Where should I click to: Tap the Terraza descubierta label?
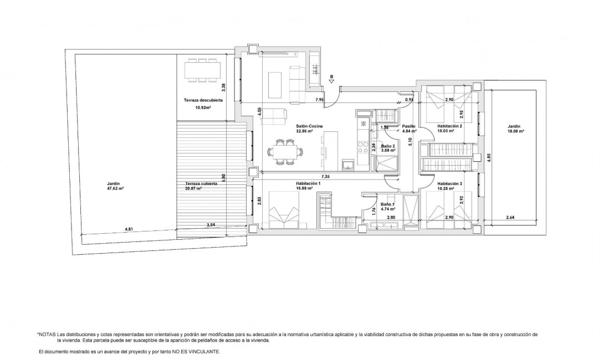coord(203,100)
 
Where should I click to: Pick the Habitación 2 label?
coord(449,126)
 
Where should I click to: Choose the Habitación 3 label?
coord(449,183)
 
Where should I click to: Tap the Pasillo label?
coord(409,126)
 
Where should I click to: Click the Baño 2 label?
coord(387,145)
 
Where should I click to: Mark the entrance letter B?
coord(331,76)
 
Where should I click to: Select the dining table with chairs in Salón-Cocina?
coord(286,152)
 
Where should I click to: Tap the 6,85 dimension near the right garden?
coord(489,158)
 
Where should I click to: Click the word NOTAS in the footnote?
coord(48,335)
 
